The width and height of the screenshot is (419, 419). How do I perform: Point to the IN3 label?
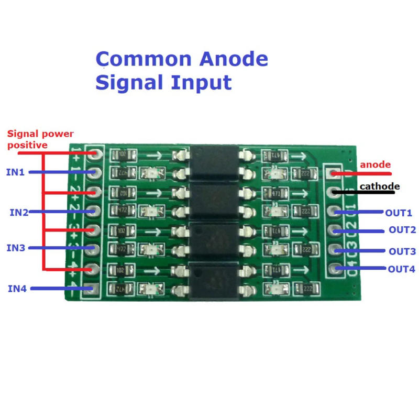16,248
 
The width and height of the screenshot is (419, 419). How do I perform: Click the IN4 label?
18,288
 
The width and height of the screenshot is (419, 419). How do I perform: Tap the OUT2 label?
402,230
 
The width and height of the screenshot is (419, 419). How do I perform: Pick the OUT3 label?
402,251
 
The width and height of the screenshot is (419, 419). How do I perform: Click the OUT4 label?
401,269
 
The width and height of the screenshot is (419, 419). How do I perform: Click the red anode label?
376,164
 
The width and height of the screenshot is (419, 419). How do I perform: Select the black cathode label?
379,186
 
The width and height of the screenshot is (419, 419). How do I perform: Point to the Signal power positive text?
40,139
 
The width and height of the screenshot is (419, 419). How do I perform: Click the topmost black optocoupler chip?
209,164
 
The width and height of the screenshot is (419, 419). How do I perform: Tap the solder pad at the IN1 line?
94,172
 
